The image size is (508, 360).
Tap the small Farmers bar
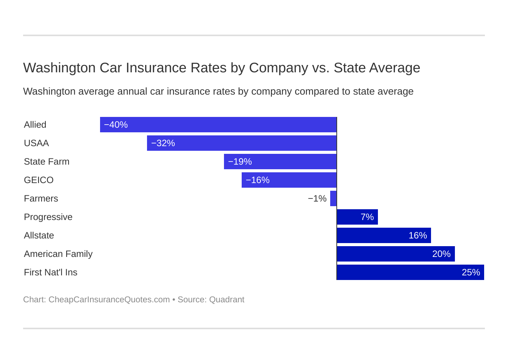(x=333, y=198)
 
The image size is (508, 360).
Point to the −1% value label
(x=317, y=198)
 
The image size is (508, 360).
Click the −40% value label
(x=116, y=125)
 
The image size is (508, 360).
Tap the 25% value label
(x=471, y=272)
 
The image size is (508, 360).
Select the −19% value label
(x=240, y=162)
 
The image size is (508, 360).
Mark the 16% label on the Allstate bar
(x=418, y=235)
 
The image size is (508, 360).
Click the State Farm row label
(x=47, y=162)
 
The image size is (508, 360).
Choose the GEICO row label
(x=38, y=180)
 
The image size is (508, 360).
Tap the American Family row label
(x=58, y=254)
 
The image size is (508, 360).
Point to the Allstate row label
(x=39, y=235)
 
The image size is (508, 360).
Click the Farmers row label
(x=41, y=198)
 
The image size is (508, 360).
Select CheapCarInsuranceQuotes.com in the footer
(x=109, y=300)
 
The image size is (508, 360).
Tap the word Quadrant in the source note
(x=227, y=300)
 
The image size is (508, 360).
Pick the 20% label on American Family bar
(x=441, y=254)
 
